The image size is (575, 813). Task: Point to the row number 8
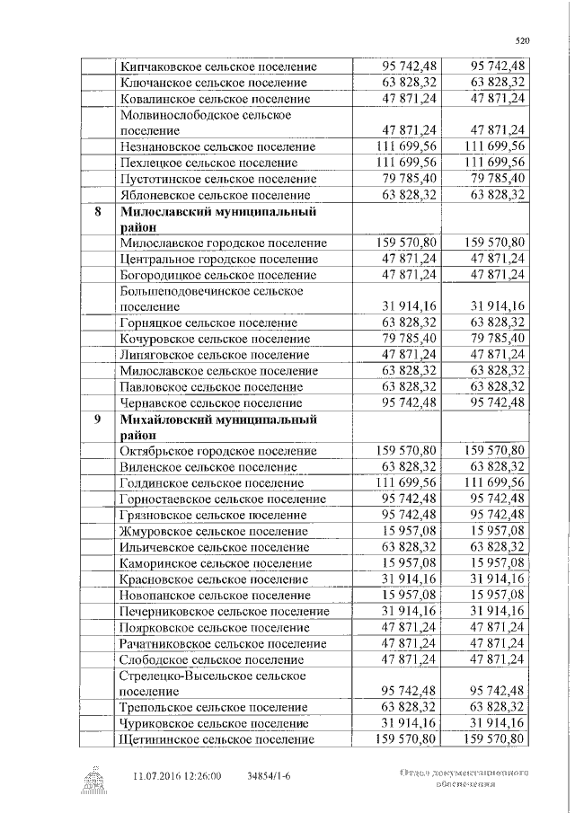[97, 213]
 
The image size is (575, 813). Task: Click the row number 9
[97, 420]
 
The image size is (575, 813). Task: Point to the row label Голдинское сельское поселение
[211, 482]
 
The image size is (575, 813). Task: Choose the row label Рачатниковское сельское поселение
[222, 643]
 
